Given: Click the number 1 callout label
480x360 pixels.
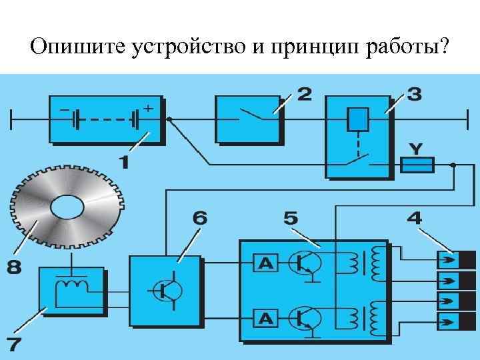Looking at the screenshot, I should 125,161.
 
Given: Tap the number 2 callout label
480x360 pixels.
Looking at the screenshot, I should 304,93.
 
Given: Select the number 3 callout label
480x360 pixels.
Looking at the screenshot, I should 414,93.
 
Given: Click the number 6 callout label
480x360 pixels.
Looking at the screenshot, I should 200,218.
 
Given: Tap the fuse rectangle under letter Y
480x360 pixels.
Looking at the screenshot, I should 417,164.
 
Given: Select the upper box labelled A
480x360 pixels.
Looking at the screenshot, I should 266,264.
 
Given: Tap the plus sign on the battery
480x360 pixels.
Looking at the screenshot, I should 147,107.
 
